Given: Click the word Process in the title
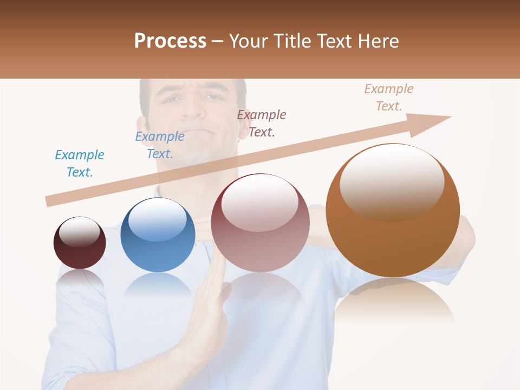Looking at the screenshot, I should (x=170, y=41).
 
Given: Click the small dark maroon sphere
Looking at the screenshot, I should (x=80, y=243).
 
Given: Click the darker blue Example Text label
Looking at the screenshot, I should (x=160, y=145).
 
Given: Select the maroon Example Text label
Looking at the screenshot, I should (x=262, y=123).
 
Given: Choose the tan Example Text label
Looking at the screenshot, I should (x=389, y=97).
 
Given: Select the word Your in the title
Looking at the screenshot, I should (x=250, y=41).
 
